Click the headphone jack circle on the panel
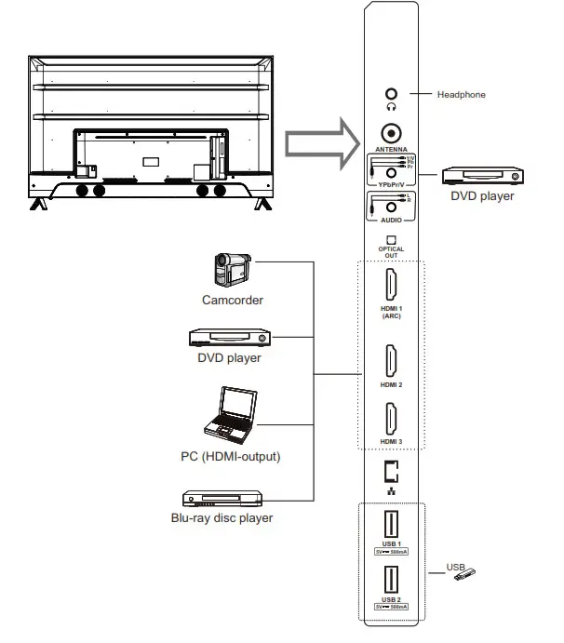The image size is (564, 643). pos(391,94)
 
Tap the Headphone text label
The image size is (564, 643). pos(463,95)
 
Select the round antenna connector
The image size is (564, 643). pos(391,132)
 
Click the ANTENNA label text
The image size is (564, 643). pos(391,150)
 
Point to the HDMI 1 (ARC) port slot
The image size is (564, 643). pos(391,285)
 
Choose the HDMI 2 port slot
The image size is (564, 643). pos(391,361)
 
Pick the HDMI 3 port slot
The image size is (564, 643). pos(391,417)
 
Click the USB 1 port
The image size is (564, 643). pos(391,525)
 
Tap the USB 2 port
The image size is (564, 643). pos(391,582)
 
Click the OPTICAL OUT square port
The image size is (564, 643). pos(391,240)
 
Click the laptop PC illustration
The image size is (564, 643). pos(229,414)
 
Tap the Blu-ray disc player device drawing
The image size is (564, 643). pos(229,498)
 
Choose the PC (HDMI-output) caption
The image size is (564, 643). pos(230,457)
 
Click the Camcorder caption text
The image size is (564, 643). pos(232,301)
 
